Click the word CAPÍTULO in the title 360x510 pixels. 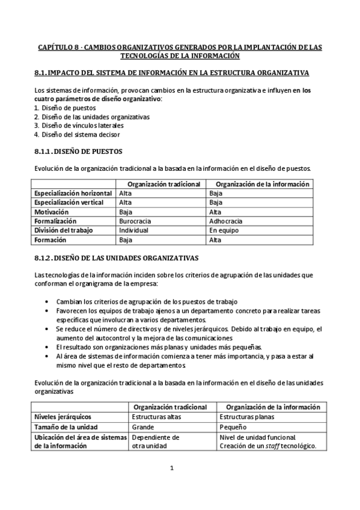56,47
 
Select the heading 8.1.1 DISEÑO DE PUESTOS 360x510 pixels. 79,151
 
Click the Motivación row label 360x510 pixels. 52,212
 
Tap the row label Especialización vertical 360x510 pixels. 69,203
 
